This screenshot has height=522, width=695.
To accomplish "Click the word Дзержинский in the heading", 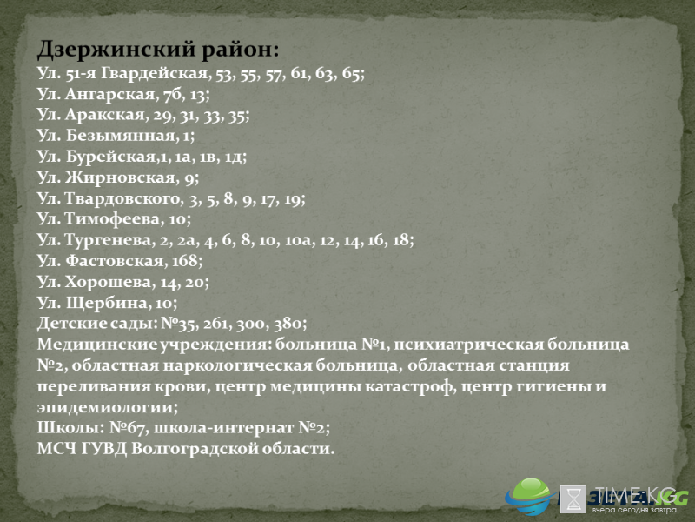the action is click(116, 49).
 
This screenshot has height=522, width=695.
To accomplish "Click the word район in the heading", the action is click(241, 50).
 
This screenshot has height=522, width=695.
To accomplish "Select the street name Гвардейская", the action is click(155, 73).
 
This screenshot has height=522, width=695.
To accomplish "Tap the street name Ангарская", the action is click(110, 94).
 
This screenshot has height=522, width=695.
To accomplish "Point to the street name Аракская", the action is click(105, 115).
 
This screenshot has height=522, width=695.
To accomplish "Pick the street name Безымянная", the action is click(121, 136).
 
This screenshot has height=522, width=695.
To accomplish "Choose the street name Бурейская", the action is click(110, 157).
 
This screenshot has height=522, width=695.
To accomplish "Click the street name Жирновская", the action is click(120, 177).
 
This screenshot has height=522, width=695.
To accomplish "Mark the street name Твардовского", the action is click(123, 198).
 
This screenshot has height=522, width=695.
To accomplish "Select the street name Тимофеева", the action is click(113, 219).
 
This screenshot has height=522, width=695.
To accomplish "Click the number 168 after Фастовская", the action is click(184, 260).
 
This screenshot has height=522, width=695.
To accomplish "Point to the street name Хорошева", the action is click(108, 282).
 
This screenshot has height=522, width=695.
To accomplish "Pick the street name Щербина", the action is click(106, 303).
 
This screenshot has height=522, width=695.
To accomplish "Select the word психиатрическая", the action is click(468, 345).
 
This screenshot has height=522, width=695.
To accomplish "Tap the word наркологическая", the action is click(237, 365).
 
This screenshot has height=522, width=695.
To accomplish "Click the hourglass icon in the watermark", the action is click(573, 499).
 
